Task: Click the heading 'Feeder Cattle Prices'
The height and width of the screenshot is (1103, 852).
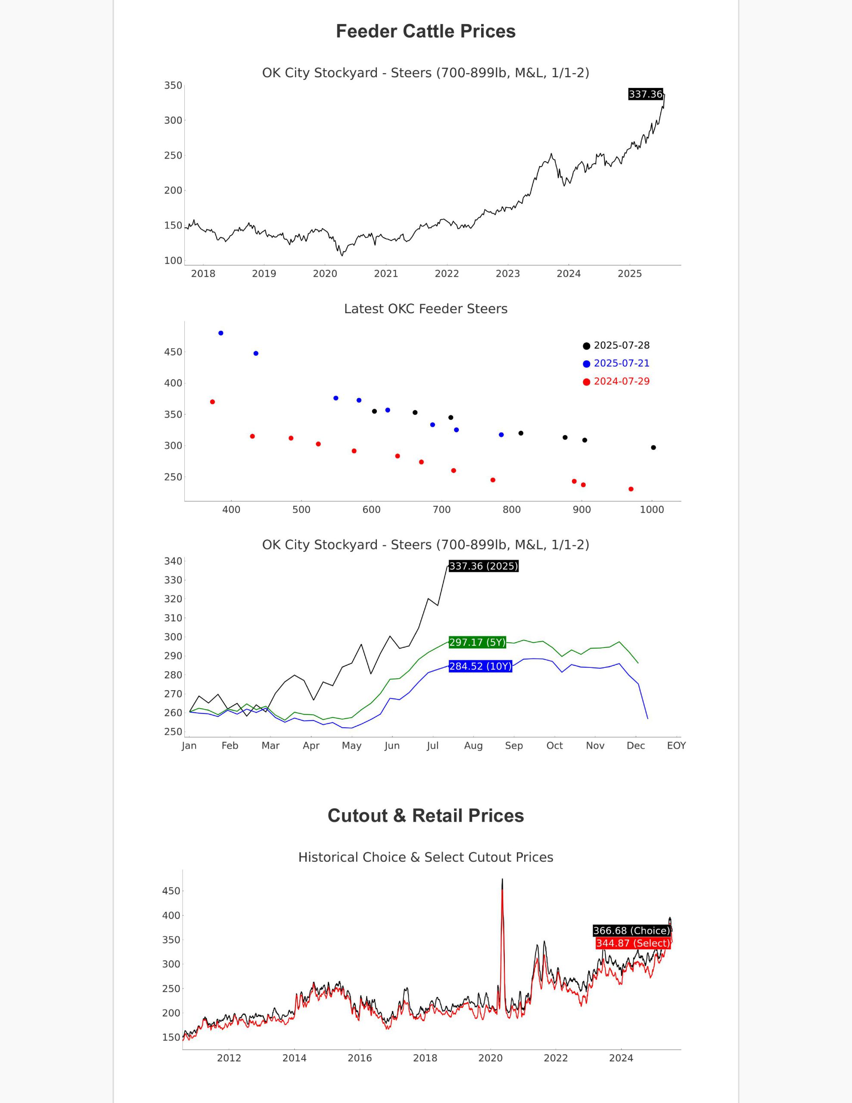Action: tap(426, 31)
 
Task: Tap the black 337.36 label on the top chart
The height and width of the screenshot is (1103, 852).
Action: tap(645, 94)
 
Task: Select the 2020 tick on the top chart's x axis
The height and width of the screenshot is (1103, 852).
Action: tap(325, 274)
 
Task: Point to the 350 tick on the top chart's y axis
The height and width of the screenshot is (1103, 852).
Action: tap(173, 85)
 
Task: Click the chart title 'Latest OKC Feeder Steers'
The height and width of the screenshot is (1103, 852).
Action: tap(426, 308)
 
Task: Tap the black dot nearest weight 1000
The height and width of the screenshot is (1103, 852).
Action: tap(653, 448)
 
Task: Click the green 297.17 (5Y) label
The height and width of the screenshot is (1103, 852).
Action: tap(477, 642)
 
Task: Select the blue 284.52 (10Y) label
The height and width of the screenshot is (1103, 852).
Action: tap(480, 666)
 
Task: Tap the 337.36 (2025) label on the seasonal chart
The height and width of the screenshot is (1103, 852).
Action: tap(484, 566)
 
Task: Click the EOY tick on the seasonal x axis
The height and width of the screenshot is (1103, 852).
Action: tap(676, 746)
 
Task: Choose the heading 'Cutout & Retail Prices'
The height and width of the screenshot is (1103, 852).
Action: tap(426, 816)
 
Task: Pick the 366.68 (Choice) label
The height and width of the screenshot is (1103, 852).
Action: tap(631, 931)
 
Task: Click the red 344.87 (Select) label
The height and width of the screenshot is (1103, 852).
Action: tap(633, 944)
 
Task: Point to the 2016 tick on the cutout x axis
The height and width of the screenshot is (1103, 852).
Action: tap(360, 1058)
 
